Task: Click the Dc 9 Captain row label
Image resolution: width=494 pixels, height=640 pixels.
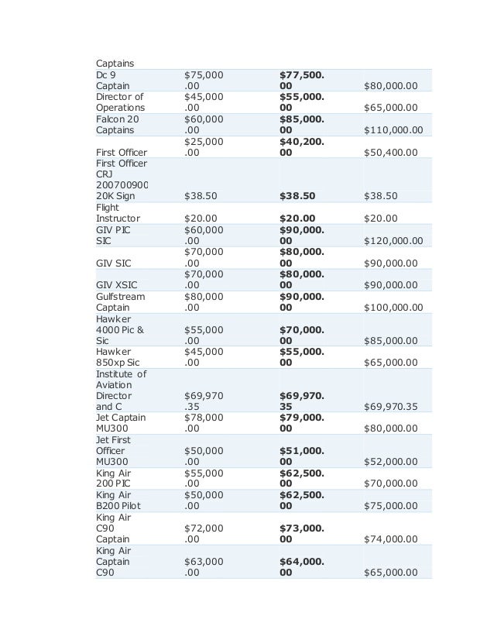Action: pos(113,81)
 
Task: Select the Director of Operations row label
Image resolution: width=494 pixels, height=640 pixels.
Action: pos(120,102)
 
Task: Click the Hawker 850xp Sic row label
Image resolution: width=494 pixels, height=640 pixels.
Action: pos(117,356)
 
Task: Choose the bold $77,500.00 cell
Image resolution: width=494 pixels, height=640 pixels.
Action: pos(302,81)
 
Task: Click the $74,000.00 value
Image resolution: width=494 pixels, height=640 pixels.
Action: pos(389,538)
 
